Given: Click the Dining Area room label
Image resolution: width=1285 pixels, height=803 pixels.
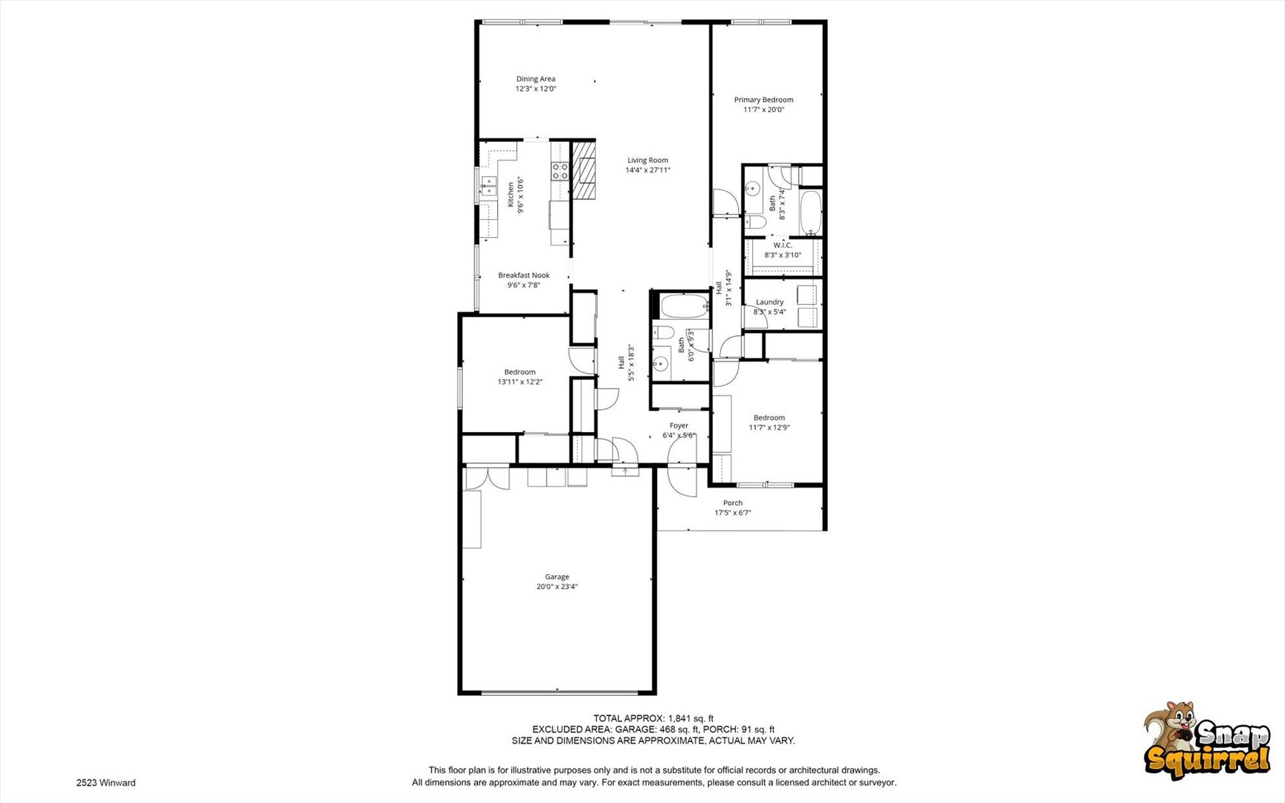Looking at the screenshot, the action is pos(536,79).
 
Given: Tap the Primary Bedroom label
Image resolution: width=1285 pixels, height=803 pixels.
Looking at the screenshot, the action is pos(763,100).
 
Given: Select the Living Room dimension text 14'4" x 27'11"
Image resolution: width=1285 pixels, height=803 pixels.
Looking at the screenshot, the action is pos(647,170).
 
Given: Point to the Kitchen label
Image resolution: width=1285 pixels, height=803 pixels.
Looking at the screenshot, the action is pos(511,195).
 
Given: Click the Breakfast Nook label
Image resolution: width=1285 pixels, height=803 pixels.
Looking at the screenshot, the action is pos(524,275).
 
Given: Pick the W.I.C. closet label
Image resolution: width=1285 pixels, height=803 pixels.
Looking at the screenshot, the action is pos(783,245).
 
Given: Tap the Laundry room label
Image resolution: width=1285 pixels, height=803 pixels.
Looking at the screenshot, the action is pos(770,302).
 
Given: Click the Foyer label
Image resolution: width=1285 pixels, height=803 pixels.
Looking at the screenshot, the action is pos(679,426).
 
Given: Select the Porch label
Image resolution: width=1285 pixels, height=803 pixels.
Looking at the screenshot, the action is pos(733,503).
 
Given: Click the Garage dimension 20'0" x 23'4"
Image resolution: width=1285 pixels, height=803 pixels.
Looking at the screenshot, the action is pos(557,587).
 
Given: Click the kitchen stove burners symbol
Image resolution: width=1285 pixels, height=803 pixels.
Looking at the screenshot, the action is pos(560,172).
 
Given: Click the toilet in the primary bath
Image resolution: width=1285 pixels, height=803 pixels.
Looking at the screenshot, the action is pos(755,222).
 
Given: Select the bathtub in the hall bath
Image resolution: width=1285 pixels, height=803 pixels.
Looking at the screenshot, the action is pos(684,306).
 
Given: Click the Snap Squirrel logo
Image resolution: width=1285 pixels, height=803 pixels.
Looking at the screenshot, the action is pos(1207,741).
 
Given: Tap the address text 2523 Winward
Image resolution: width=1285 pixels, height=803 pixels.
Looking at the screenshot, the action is pos(106,783).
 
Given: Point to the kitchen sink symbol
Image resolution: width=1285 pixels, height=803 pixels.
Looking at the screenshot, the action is pos(488,187).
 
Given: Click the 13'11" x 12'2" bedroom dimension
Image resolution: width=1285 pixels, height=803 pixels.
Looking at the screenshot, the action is pos(520,382).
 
